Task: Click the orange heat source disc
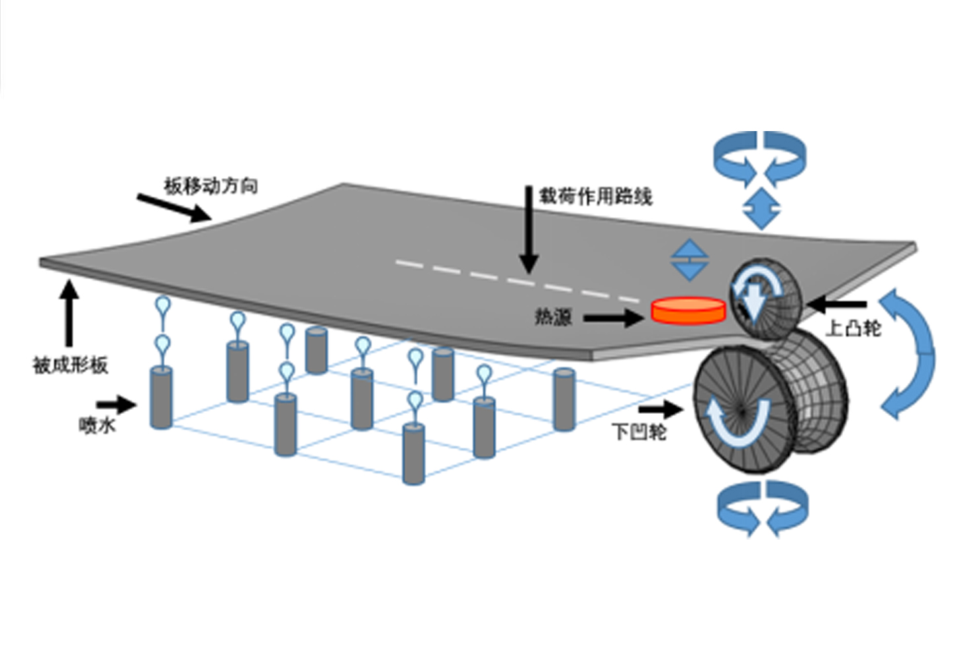tap(688, 310)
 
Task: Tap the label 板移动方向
tap(211, 186)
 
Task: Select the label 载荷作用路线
tap(595, 196)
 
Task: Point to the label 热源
tap(553, 317)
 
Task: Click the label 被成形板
tap(70, 365)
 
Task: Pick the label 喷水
tap(97, 425)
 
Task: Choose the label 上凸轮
tap(853, 328)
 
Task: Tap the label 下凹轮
tap(639, 432)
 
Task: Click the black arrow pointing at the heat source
tap(613, 318)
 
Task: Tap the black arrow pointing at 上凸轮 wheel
tap(837, 305)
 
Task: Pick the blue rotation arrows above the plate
tap(760, 159)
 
